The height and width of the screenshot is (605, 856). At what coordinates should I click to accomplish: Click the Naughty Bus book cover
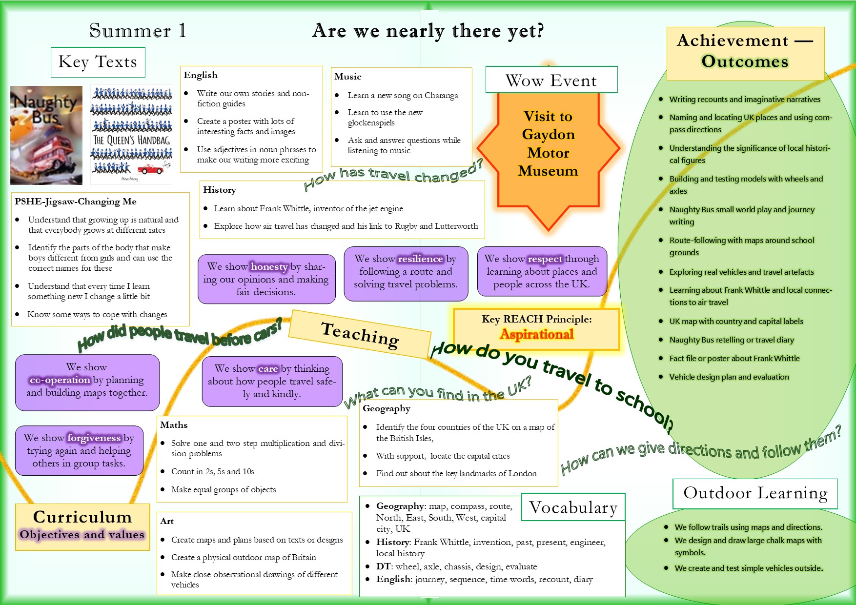46,135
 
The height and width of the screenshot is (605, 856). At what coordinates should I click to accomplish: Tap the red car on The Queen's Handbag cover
150,169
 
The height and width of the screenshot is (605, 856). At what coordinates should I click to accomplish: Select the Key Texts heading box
98,62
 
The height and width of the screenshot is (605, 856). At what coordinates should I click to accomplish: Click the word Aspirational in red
536,334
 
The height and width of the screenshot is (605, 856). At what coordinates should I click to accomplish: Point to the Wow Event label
551,80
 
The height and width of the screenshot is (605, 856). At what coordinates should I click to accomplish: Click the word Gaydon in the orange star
548,134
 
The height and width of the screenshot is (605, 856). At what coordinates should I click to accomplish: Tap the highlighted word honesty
269,266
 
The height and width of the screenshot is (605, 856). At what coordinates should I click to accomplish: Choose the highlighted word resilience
420,259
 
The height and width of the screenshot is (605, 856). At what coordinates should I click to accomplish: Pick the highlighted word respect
545,259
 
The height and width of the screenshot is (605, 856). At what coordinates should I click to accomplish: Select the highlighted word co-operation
60,380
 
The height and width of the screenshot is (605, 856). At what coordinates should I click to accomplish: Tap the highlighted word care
268,368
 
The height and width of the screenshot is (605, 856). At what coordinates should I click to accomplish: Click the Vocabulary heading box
573,507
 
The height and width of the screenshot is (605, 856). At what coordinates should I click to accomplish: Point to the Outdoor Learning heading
755,493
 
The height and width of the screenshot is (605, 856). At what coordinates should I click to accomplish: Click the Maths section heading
174,425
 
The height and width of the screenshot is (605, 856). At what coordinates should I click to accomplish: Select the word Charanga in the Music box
441,95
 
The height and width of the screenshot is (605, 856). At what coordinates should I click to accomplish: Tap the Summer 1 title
137,31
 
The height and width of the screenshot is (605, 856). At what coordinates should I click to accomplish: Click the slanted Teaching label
360,335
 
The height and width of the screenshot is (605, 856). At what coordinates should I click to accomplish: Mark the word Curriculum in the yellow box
82,517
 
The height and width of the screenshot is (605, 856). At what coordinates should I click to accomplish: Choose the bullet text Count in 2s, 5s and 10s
212,471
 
